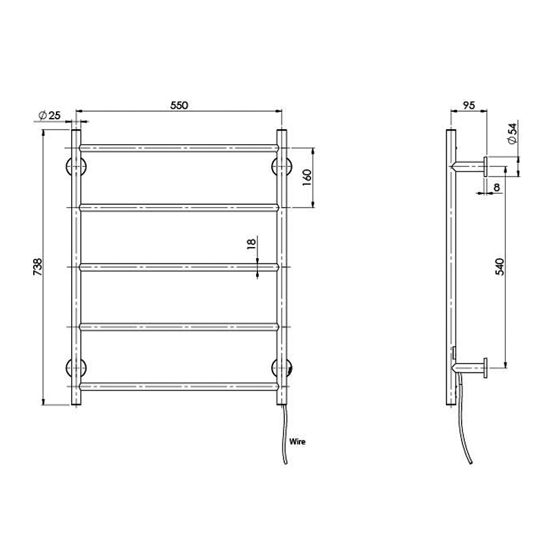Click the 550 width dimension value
coord(179,106)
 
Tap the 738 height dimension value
coord(38,267)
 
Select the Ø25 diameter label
coord(51,115)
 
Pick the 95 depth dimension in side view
coord(468,106)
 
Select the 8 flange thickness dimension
coord(496,186)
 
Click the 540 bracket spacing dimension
coord(500,266)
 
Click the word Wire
coord(297,440)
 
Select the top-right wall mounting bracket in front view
coord(282,166)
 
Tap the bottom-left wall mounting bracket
coord(75,368)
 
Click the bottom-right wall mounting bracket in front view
coord(282,368)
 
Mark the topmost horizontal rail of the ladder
coord(179,147)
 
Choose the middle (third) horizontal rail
coord(179,266)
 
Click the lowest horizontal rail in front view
coord(179,384)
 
